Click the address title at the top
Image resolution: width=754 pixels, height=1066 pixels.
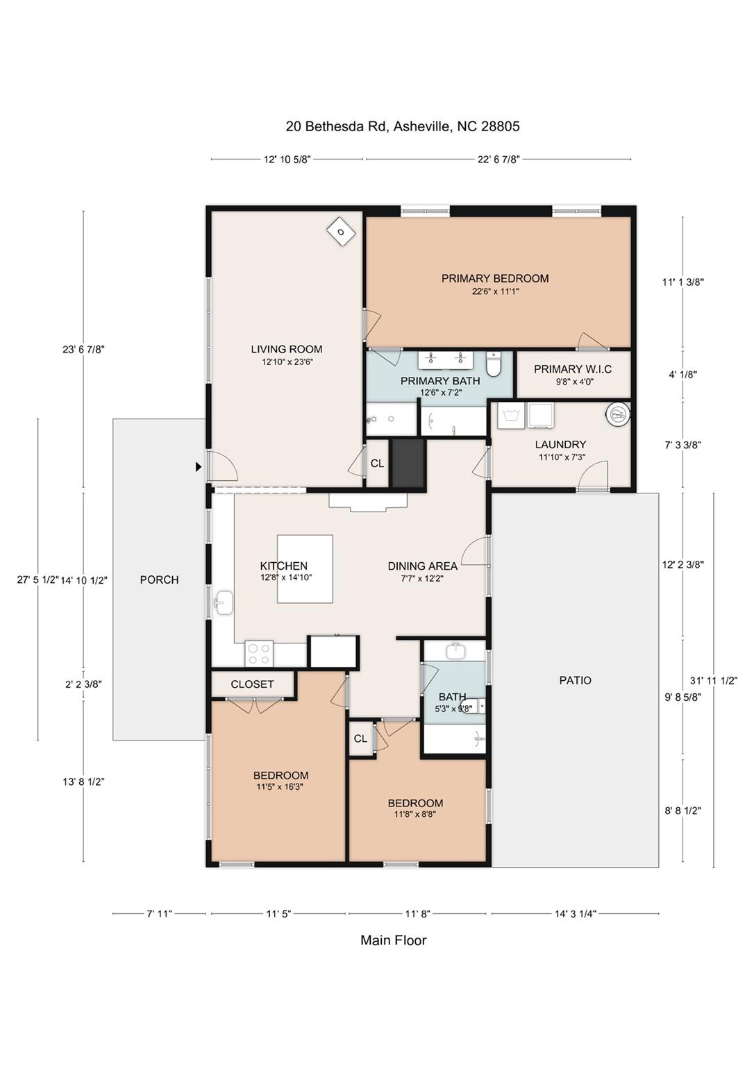click(x=403, y=126)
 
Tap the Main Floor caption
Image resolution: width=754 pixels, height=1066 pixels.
click(x=393, y=940)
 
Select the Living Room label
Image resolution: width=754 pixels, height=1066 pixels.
click(x=287, y=350)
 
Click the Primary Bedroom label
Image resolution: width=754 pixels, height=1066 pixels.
click(x=495, y=278)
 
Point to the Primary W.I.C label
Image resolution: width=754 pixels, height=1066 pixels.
click(x=573, y=369)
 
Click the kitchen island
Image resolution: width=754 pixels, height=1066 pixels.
click(x=305, y=569)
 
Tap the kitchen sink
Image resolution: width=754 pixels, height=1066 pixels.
click(x=224, y=602)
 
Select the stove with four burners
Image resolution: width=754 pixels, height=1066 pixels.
click(x=259, y=653)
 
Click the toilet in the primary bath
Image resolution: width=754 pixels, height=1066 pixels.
click(x=494, y=363)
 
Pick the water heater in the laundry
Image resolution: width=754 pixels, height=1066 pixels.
click(x=617, y=414)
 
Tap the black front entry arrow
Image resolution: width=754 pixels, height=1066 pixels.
click(x=199, y=467)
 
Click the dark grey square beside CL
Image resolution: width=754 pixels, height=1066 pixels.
click(x=408, y=463)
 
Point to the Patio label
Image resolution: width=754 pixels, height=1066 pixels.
click(x=576, y=681)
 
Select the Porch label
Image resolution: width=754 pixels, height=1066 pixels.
click(x=159, y=580)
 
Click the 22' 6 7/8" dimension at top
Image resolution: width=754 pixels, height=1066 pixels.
click(x=499, y=160)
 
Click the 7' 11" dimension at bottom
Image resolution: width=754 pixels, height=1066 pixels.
click(x=159, y=914)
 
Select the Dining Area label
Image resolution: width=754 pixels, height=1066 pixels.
click(x=422, y=566)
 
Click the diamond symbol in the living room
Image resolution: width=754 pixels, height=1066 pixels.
click(x=341, y=232)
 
